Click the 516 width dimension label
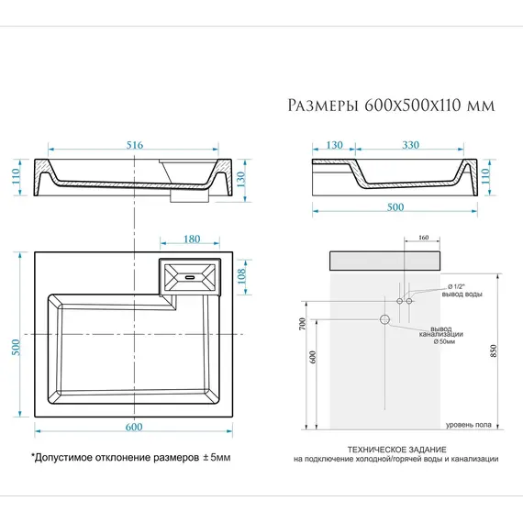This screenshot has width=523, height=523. coord(135,145)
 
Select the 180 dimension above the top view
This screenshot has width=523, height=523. coord(192,239)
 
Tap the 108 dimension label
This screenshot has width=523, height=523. coord(243,275)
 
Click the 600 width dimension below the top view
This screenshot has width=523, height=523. coord(134,427)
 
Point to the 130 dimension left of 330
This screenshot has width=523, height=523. coord(333,145)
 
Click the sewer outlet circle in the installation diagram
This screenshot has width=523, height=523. coord(385,319)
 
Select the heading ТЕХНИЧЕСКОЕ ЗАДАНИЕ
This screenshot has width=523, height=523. coord(396,449)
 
